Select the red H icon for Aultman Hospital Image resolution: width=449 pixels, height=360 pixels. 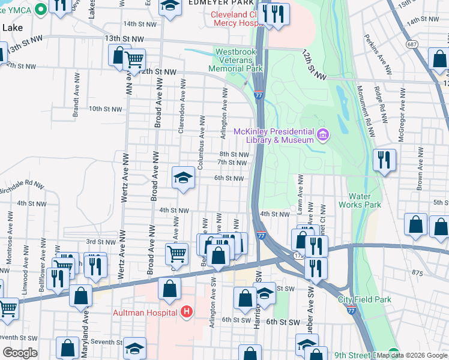point(187,312)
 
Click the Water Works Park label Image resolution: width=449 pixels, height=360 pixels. point(365,200)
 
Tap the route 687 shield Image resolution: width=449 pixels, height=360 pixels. point(412,44)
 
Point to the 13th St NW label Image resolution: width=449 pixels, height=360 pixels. point(124,38)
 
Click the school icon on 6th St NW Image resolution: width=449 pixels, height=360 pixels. point(183,177)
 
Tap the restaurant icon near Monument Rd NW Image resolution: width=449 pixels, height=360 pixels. point(383,160)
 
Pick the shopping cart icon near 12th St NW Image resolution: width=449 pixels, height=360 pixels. point(134,59)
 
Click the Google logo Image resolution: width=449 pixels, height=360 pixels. point(20,353)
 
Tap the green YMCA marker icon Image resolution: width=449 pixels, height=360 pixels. point(41,10)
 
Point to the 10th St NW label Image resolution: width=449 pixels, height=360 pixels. point(105,109)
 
